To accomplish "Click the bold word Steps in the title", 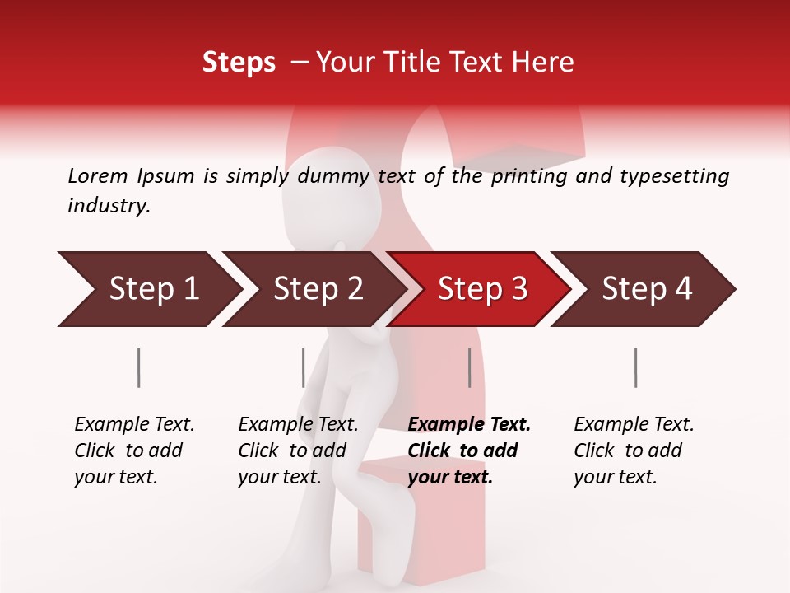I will point(239,63).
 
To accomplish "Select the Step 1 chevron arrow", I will point(148,288).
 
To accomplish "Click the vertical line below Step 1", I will point(139,367).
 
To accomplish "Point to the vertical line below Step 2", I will point(304,367).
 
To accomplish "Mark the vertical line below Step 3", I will point(469,367).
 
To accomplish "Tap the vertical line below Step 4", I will point(636,367).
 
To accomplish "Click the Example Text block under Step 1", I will point(134,451).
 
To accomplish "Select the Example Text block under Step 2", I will point(298,451).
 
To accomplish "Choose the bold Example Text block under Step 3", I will point(469,451).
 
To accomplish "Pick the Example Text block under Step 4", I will point(634,451).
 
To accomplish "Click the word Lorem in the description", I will point(97,175).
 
